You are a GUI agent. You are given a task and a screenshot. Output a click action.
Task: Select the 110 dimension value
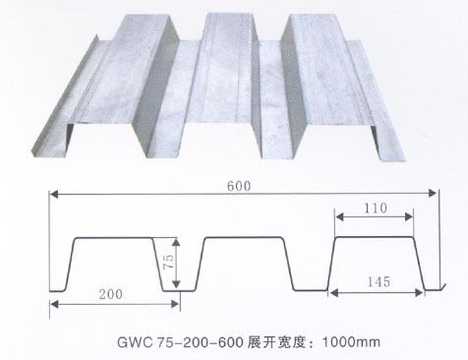[x=375, y=210]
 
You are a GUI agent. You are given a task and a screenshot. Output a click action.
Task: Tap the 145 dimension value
[x=375, y=281]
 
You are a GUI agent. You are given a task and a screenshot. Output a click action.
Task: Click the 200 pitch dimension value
[x=111, y=294]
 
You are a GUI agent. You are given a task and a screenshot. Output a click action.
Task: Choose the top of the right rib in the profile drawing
[x=375, y=237]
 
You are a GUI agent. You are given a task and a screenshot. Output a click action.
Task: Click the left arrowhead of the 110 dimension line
[x=336, y=219]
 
